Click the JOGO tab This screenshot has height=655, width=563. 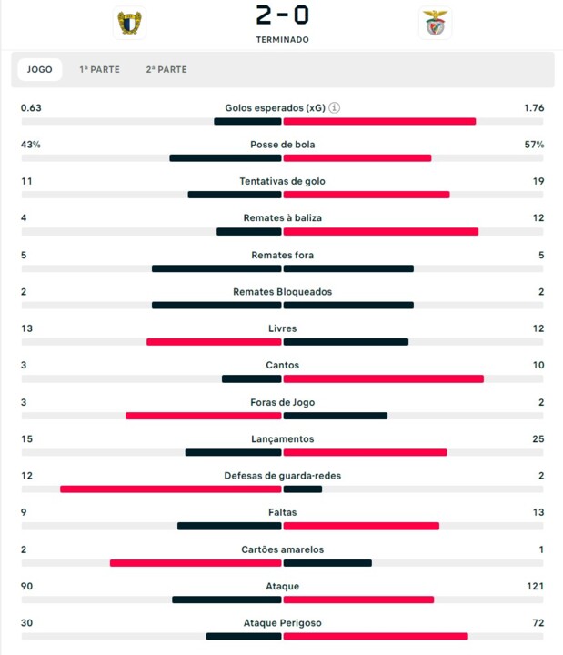point(39,69)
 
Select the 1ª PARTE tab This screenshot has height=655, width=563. point(99,69)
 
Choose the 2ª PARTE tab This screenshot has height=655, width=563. point(166,69)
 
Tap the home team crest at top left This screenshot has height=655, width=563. point(129,24)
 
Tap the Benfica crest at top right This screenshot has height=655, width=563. point(435,24)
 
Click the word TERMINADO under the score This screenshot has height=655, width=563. point(282,40)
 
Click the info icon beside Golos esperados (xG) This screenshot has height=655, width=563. point(335,107)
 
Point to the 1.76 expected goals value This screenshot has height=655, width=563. point(534,108)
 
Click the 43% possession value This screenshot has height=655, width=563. point(31,145)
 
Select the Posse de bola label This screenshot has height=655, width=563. point(282,145)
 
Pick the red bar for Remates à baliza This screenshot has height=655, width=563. point(380,231)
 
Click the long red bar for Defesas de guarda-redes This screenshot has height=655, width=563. point(170,489)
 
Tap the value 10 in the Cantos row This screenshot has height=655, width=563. point(538,366)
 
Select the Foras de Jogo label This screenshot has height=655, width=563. point(282,402)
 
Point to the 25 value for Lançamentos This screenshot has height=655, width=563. point(538,439)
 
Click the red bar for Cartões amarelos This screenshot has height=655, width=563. point(196,562)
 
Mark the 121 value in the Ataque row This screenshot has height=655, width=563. point(536,587)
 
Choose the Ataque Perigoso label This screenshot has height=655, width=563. point(282,623)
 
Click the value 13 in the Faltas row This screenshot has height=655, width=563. point(538,513)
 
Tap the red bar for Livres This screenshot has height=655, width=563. point(214,342)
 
